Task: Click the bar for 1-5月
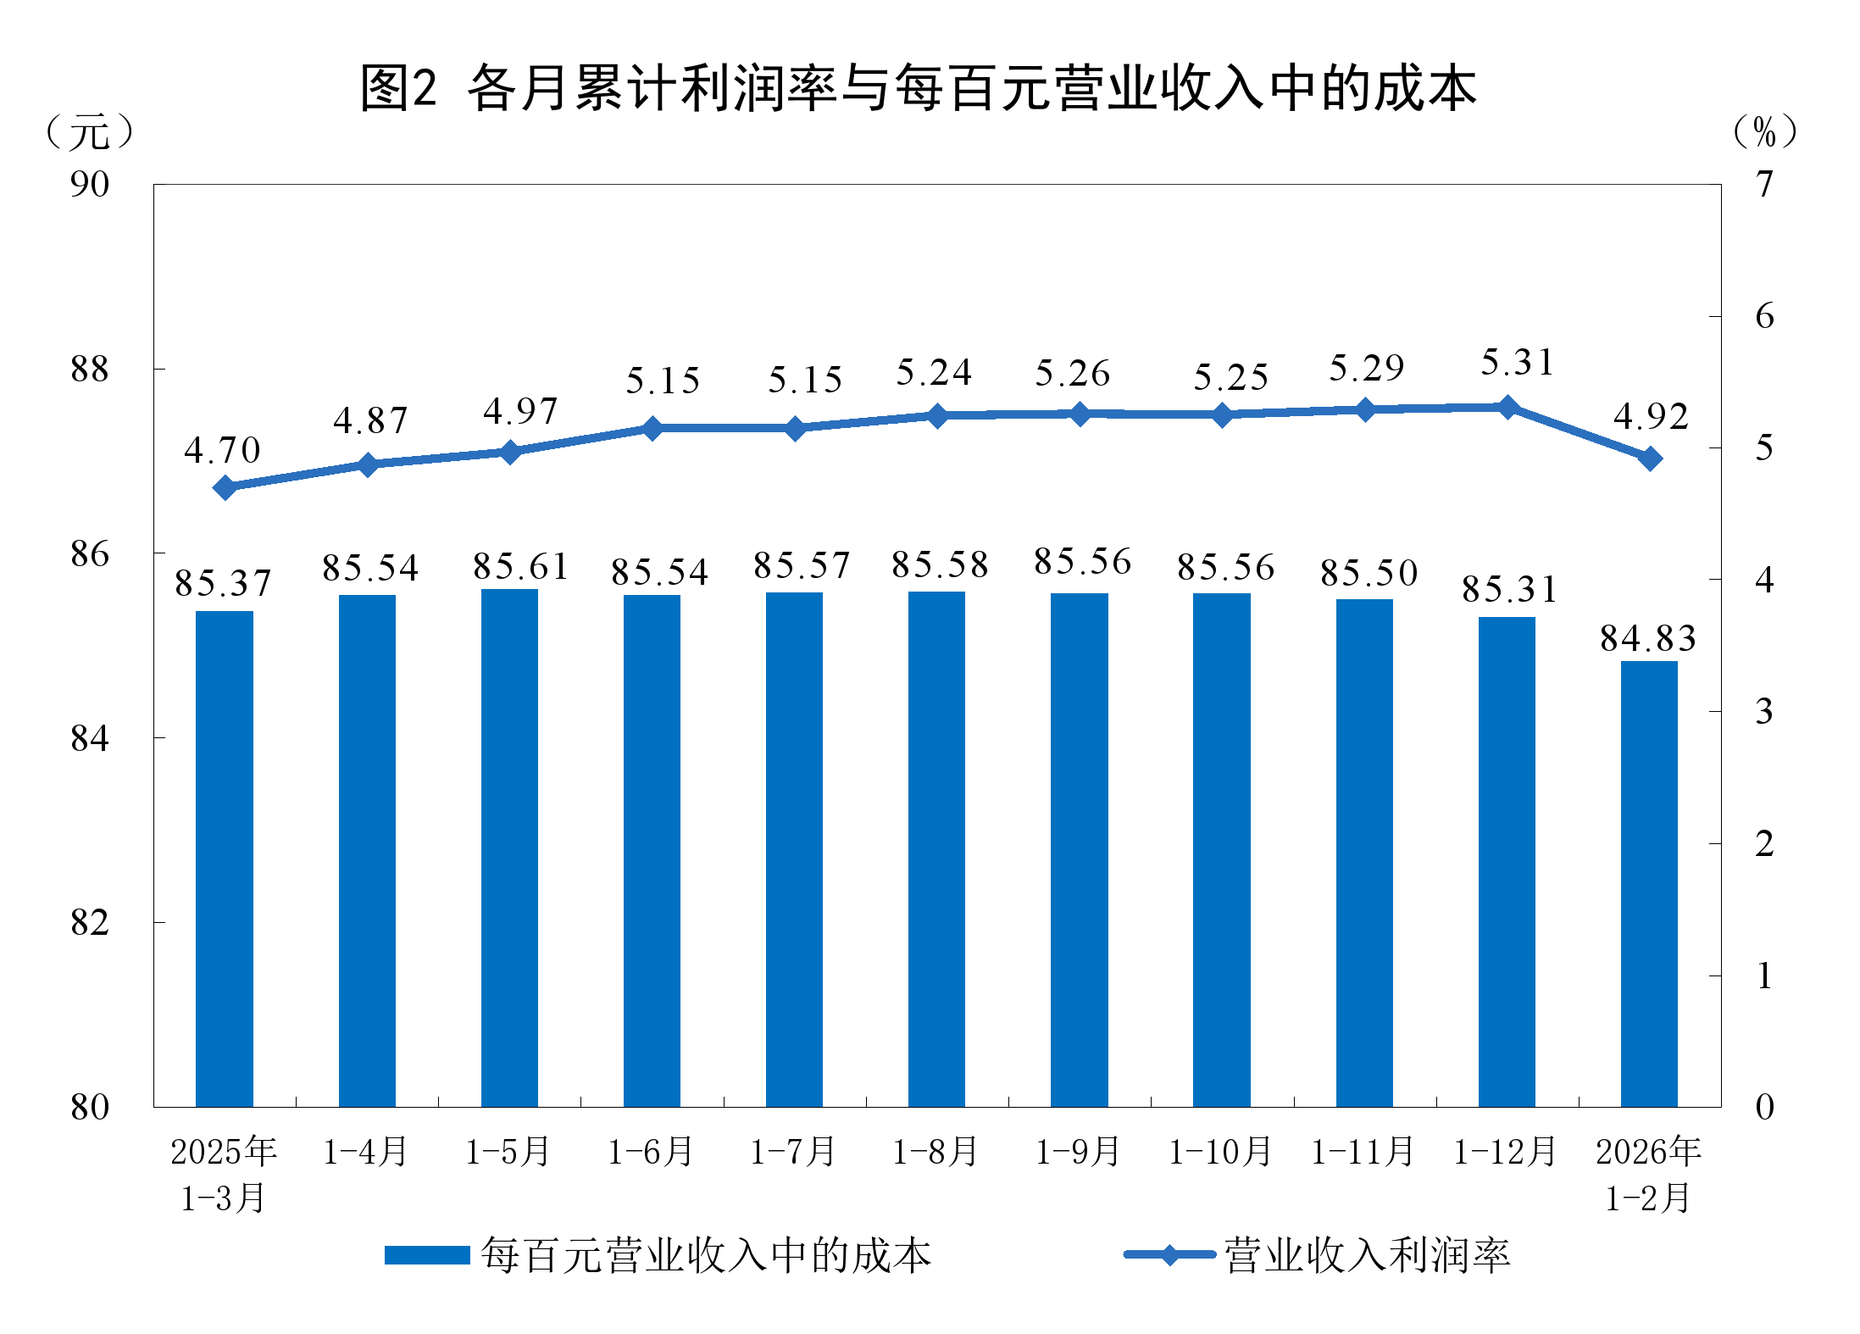coord(509,848)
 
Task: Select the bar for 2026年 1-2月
coord(1649,883)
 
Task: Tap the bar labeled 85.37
coord(225,859)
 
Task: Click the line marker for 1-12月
coord(1507,408)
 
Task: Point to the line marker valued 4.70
coord(225,487)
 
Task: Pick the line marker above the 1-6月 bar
coord(652,428)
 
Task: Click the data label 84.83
coord(1648,638)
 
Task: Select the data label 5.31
coord(1518,363)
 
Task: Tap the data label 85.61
coord(521,566)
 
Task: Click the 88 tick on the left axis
coord(90,370)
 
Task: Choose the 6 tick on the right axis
coord(1764,316)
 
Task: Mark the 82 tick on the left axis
coord(90,923)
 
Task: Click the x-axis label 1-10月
coord(1220,1152)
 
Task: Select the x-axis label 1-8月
coord(936,1152)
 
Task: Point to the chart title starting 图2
coord(919,88)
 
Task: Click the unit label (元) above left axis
coord(89,132)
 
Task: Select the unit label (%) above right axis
coord(1764,132)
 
